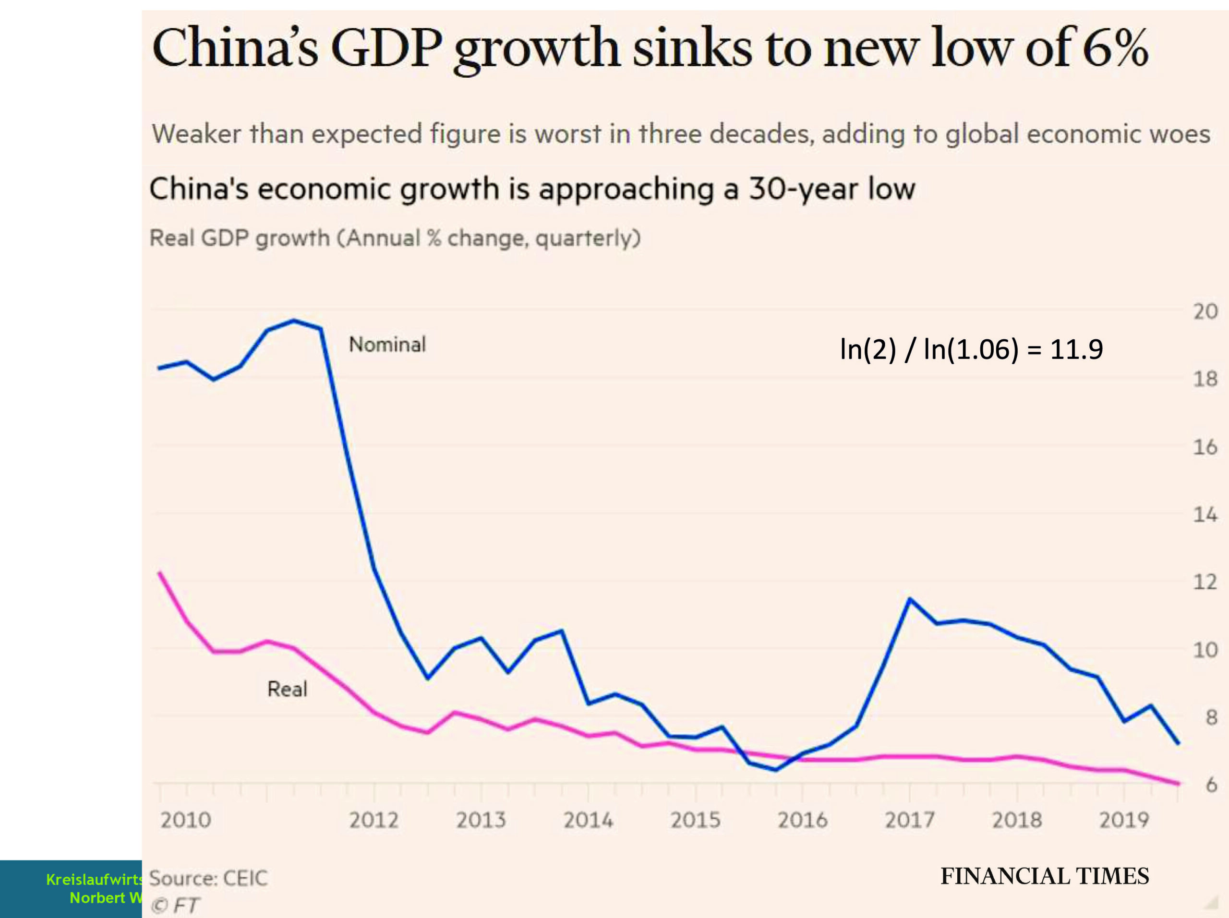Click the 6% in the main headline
(x=1115, y=48)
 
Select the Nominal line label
(x=387, y=345)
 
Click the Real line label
(x=287, y=689)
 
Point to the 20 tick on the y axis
(x=1205, y=311)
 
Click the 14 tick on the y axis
(x=1205, y=515)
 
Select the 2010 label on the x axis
(x=186, y=820)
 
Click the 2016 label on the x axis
(x=802, y=820)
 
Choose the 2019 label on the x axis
(x=1123, y=820)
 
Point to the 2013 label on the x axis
(x=481, y=820)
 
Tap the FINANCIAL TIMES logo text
(x=1045, y=876)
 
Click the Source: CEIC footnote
(x=208, y=878)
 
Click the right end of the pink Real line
(x=1178, y=784)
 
